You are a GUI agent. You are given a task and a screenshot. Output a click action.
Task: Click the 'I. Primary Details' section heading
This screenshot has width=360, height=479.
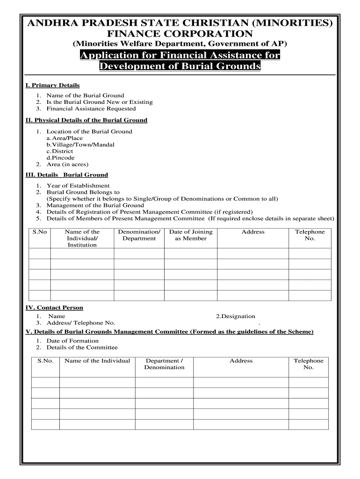tap(52, 85)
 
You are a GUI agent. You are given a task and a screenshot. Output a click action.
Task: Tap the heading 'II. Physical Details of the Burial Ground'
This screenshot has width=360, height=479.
tap(86, 120)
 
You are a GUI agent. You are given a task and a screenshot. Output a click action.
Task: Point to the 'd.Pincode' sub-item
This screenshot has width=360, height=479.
tap(60, 158)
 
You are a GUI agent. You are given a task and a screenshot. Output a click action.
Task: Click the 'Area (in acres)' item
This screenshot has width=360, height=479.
tap(67, 164)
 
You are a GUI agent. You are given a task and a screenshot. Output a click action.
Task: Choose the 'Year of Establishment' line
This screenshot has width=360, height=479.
tap(78, 186)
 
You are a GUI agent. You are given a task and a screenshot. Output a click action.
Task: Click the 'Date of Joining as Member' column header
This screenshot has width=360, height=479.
tap(191, 235)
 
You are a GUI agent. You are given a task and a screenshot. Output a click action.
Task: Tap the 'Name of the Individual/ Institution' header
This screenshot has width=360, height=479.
tap(82, 238)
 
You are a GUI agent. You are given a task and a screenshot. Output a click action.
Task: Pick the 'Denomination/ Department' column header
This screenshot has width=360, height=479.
tap(139, 235)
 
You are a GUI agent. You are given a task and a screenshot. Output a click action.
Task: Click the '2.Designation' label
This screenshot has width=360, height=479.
tap(236, 316)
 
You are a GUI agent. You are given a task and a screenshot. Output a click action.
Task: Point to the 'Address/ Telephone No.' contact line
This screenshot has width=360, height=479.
tap(80, 323)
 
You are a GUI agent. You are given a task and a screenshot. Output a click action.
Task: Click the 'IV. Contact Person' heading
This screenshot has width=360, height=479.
tap(54, 308)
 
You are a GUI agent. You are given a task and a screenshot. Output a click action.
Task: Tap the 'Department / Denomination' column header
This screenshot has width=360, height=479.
tap(164, 364)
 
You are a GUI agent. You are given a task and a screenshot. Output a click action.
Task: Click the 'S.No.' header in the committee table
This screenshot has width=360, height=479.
tap(45, 361)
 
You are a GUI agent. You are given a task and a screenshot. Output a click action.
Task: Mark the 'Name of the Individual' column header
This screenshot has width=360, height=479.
tap(97, 361)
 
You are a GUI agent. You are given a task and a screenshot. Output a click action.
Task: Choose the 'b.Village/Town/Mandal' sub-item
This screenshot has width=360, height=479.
tap(80, 145)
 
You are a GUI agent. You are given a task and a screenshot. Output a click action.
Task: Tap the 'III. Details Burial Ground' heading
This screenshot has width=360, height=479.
tap(66, 175)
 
